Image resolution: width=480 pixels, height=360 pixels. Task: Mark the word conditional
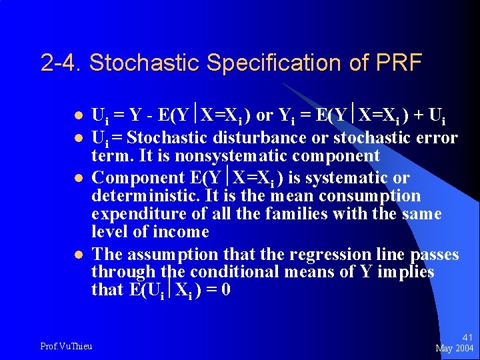234,272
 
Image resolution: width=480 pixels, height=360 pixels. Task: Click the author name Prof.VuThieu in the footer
66,345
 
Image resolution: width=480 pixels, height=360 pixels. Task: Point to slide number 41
467,338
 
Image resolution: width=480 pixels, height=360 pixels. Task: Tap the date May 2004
455,349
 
